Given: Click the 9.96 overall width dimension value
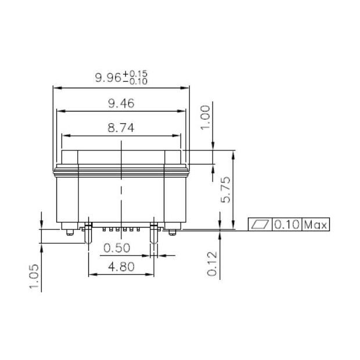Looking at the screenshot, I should coord(108,77).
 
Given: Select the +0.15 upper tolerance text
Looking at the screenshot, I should coord(139,73).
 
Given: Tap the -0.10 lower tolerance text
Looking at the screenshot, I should coord(139,81).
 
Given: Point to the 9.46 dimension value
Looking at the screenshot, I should coord(121,104).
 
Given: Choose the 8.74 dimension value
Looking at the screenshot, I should coord(121,128).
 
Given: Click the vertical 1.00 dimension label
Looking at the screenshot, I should coord(205,118).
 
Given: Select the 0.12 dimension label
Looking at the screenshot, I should coord(212,263).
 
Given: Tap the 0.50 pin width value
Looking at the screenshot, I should coord(116,248).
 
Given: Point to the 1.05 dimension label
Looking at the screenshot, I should coord(35,277).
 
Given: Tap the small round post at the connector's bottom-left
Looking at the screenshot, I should coord(70,232).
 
